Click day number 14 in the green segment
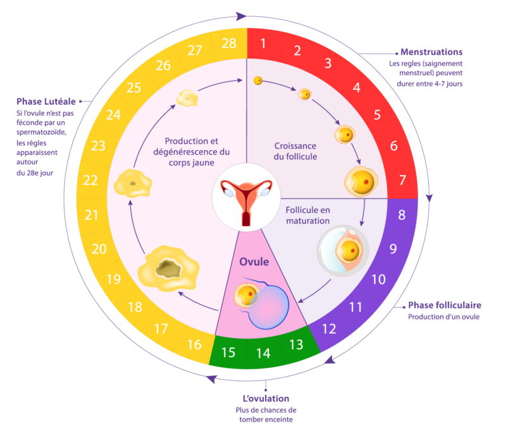pos(263,353)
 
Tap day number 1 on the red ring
pos(263,43)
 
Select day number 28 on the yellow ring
pos(229,43)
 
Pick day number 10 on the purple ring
pos(378,279)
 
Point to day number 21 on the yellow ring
pos(91,215)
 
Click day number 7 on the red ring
pos(402,180)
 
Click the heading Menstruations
pos(431,52)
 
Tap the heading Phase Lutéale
pos(46,102)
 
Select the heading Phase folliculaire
pos(445,305)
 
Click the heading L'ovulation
pos(266,399)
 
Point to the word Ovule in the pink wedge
pos(254,262)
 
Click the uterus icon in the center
pos(246,202)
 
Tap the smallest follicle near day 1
pos(258,81)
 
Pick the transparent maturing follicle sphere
pos(343,251)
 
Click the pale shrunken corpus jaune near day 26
pos(187,99)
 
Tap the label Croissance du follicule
pos(295,151)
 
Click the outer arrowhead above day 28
pos(242,16)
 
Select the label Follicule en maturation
pos(308,215)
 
